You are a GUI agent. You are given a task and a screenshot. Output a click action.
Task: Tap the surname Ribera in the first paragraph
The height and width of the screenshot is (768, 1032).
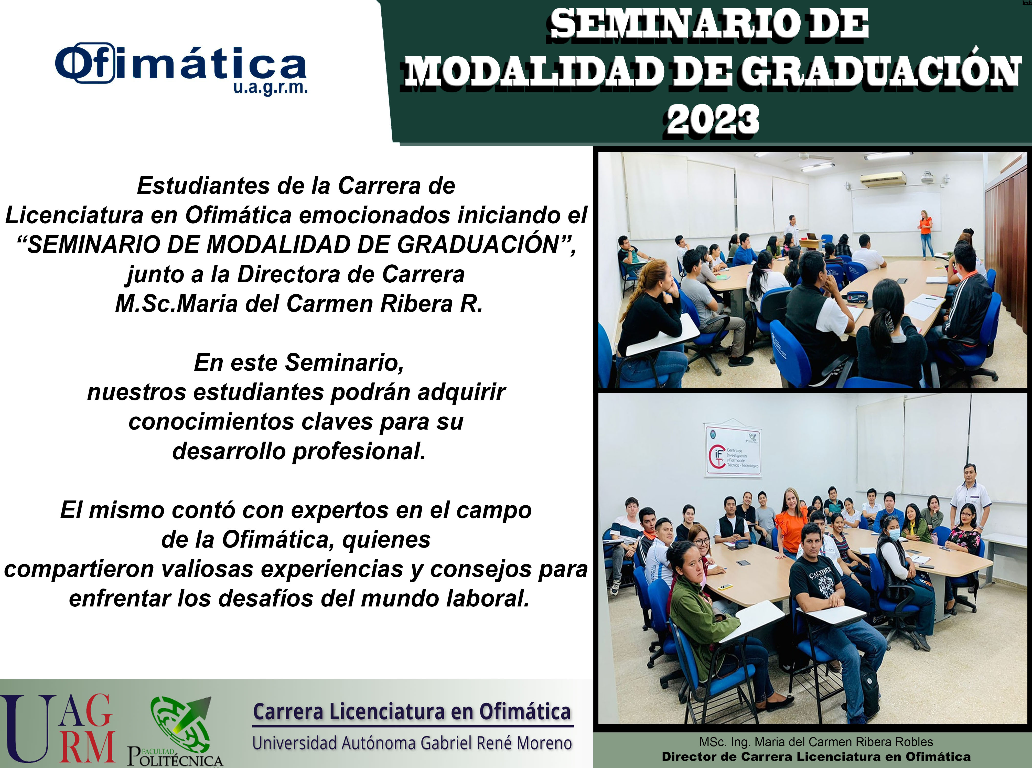coord(416,304)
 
